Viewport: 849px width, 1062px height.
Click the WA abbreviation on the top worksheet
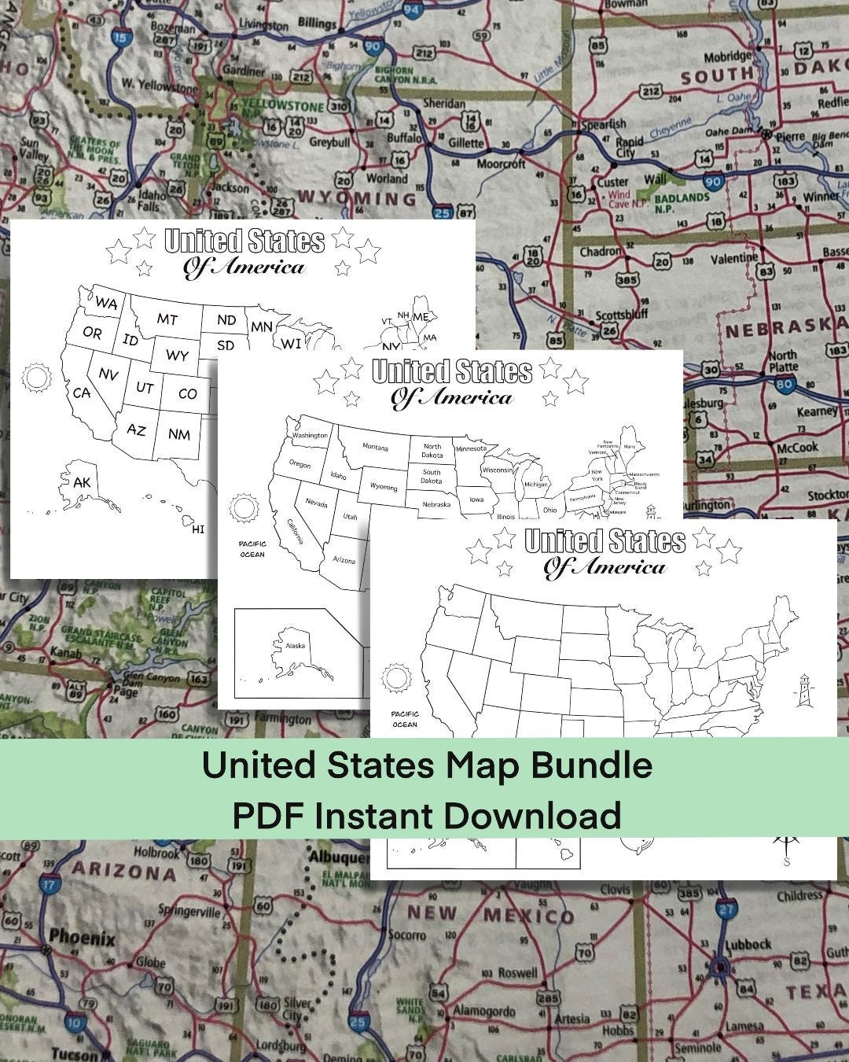107,303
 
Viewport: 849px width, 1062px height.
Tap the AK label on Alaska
83,482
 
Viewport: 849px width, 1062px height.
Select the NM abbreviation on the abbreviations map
179,433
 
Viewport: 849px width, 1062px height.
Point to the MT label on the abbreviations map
167,319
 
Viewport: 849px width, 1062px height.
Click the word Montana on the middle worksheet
375,448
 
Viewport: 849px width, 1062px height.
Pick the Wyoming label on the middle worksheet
384,487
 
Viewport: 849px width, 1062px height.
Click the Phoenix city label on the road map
82,938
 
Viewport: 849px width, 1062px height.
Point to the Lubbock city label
748,944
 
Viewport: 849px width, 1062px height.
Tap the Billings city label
318,24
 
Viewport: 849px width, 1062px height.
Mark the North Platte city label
783,360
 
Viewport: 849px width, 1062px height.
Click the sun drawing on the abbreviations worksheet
36,377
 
